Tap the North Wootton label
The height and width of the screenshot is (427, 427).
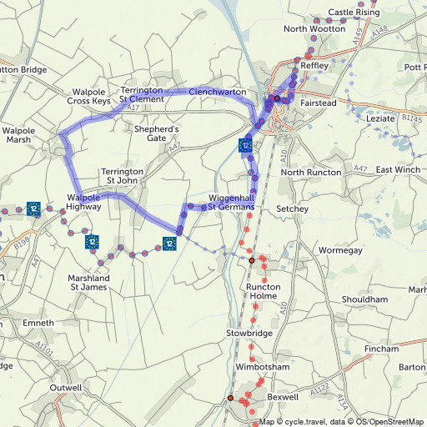coord(314,28)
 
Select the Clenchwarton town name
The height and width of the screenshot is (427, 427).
coord(217,91)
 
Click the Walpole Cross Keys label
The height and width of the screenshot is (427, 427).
coord(89,95)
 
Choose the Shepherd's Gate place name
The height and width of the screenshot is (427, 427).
coord(157,134)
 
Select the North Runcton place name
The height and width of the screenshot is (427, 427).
coord(311,172)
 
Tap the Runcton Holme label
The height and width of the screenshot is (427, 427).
coord(268,291)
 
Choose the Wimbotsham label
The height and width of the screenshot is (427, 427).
coord(262,367)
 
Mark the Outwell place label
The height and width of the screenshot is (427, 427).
coord(66,388)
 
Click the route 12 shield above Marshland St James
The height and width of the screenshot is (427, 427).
coord(91,243)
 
